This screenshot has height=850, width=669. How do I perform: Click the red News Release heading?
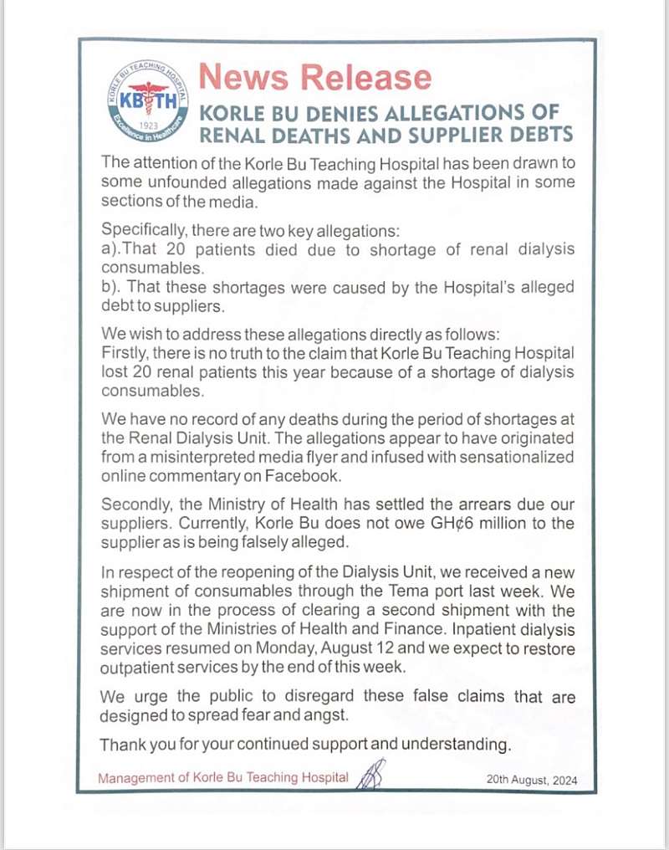314,77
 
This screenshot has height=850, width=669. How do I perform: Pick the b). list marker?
114,287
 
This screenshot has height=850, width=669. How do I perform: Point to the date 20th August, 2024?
531,780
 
